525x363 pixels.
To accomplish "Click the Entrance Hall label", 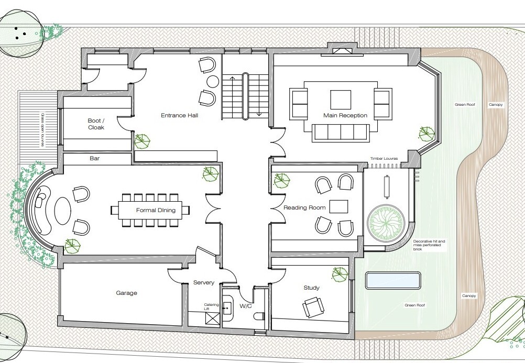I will coord(179,115).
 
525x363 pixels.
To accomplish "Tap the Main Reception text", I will coord(345,115).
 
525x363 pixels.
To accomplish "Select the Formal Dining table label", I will coord(156,211).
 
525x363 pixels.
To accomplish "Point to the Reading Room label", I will coord(304,208).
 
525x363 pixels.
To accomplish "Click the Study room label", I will coord(311,288).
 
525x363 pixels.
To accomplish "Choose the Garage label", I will coord(126,293).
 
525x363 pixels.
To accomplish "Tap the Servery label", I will coord(204,283).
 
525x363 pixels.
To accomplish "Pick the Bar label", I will coord(94,158).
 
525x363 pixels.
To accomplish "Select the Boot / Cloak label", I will coord(96,124).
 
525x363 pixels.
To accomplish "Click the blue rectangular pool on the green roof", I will coord(393,280).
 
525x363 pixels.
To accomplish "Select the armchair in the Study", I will coord(313,307).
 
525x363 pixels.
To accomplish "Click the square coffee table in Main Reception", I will coord(341,100).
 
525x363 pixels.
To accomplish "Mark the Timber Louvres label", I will coord(384,158).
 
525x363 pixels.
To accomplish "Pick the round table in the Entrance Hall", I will coord(213,81).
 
